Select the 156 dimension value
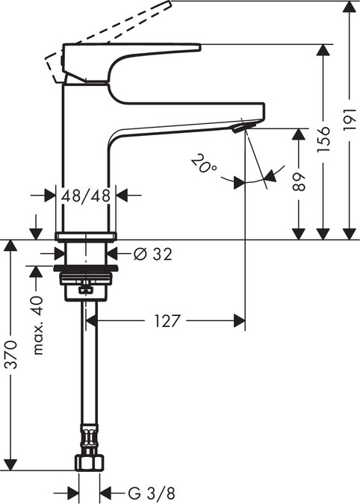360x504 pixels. pos(323,139)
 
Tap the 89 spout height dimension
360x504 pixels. pos(298,183)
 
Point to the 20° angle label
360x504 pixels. pos(202,162)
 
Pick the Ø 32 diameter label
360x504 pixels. pos(152,254)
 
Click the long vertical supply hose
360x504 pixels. pos(87,373)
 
